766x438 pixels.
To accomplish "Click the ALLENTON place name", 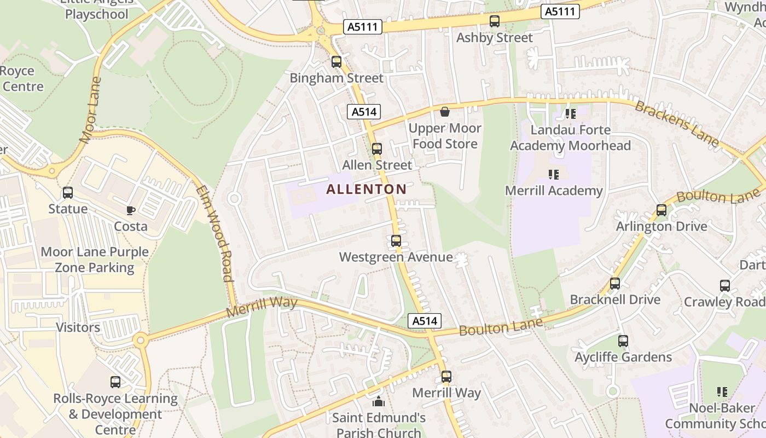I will tap(366, 189).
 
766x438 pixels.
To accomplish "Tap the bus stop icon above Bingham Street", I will tap(336, 62).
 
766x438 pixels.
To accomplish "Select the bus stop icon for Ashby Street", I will tap(495, 21).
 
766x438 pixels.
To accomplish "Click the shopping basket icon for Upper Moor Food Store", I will tap(445, 112).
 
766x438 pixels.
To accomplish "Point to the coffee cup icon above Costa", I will tap(131, 210).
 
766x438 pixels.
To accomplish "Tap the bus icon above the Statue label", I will tap(68, 193).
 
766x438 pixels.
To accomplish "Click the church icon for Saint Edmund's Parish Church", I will tap(379, 402).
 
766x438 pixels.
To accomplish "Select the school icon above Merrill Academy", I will tap(554, 175).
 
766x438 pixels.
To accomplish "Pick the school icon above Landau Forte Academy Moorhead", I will tap(571, 114).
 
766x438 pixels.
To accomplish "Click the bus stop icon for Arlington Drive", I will tap(661, 210).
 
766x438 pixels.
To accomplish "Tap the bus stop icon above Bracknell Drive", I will tap(615, 284).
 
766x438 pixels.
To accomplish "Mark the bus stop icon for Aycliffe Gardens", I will tap(623, 341).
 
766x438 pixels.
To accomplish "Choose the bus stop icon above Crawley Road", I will tap(725, 285).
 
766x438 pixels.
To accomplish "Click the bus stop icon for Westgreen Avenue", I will tap(396, 240).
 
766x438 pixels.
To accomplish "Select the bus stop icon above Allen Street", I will tap(377, 148).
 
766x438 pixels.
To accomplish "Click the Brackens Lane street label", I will tap(677, 124).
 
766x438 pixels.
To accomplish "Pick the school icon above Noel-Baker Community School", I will tap(722, 392).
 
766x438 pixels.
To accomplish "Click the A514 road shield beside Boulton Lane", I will tap(425, 321).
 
